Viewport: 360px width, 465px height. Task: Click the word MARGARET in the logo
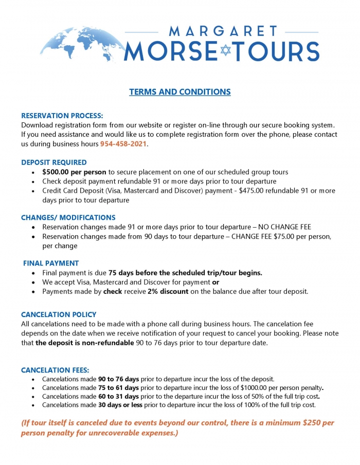(223, 31)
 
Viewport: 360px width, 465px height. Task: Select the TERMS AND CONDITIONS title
(180, 92)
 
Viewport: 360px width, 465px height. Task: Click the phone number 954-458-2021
(123, 143)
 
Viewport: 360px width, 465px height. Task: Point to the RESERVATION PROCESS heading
(62, 116)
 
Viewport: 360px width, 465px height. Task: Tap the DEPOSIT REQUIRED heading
(54, 162)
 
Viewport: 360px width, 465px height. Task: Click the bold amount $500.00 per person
(75, 172)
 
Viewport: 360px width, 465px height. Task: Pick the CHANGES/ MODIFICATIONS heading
(68, 217)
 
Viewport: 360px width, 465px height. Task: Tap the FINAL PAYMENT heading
(51, 263)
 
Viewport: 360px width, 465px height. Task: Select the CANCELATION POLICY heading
(59, 314)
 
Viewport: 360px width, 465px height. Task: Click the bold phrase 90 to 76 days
(119, 379)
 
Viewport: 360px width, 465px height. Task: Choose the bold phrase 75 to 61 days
(119, 387)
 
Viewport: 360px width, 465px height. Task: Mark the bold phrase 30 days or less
(121, 404)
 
